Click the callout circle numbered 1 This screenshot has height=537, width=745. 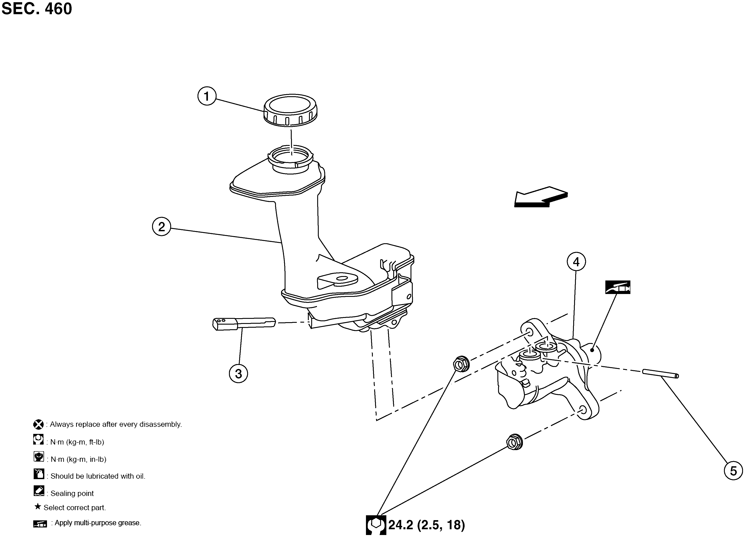[207, 96]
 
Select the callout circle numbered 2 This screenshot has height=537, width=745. [161, 227]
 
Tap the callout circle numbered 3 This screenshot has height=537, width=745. [238, 373]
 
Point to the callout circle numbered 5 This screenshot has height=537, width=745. [733, 471]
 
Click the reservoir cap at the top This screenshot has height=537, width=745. [290, 110]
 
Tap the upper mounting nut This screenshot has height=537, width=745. [461, 364]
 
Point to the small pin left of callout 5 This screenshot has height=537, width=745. [660, 374]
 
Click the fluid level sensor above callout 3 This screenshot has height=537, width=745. [244, 323]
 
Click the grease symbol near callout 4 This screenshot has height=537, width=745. [618, 287]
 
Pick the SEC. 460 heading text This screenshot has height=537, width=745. [37, 9]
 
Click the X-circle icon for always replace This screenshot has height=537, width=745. [38, 424]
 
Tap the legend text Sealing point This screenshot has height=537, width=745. [72, 493]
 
